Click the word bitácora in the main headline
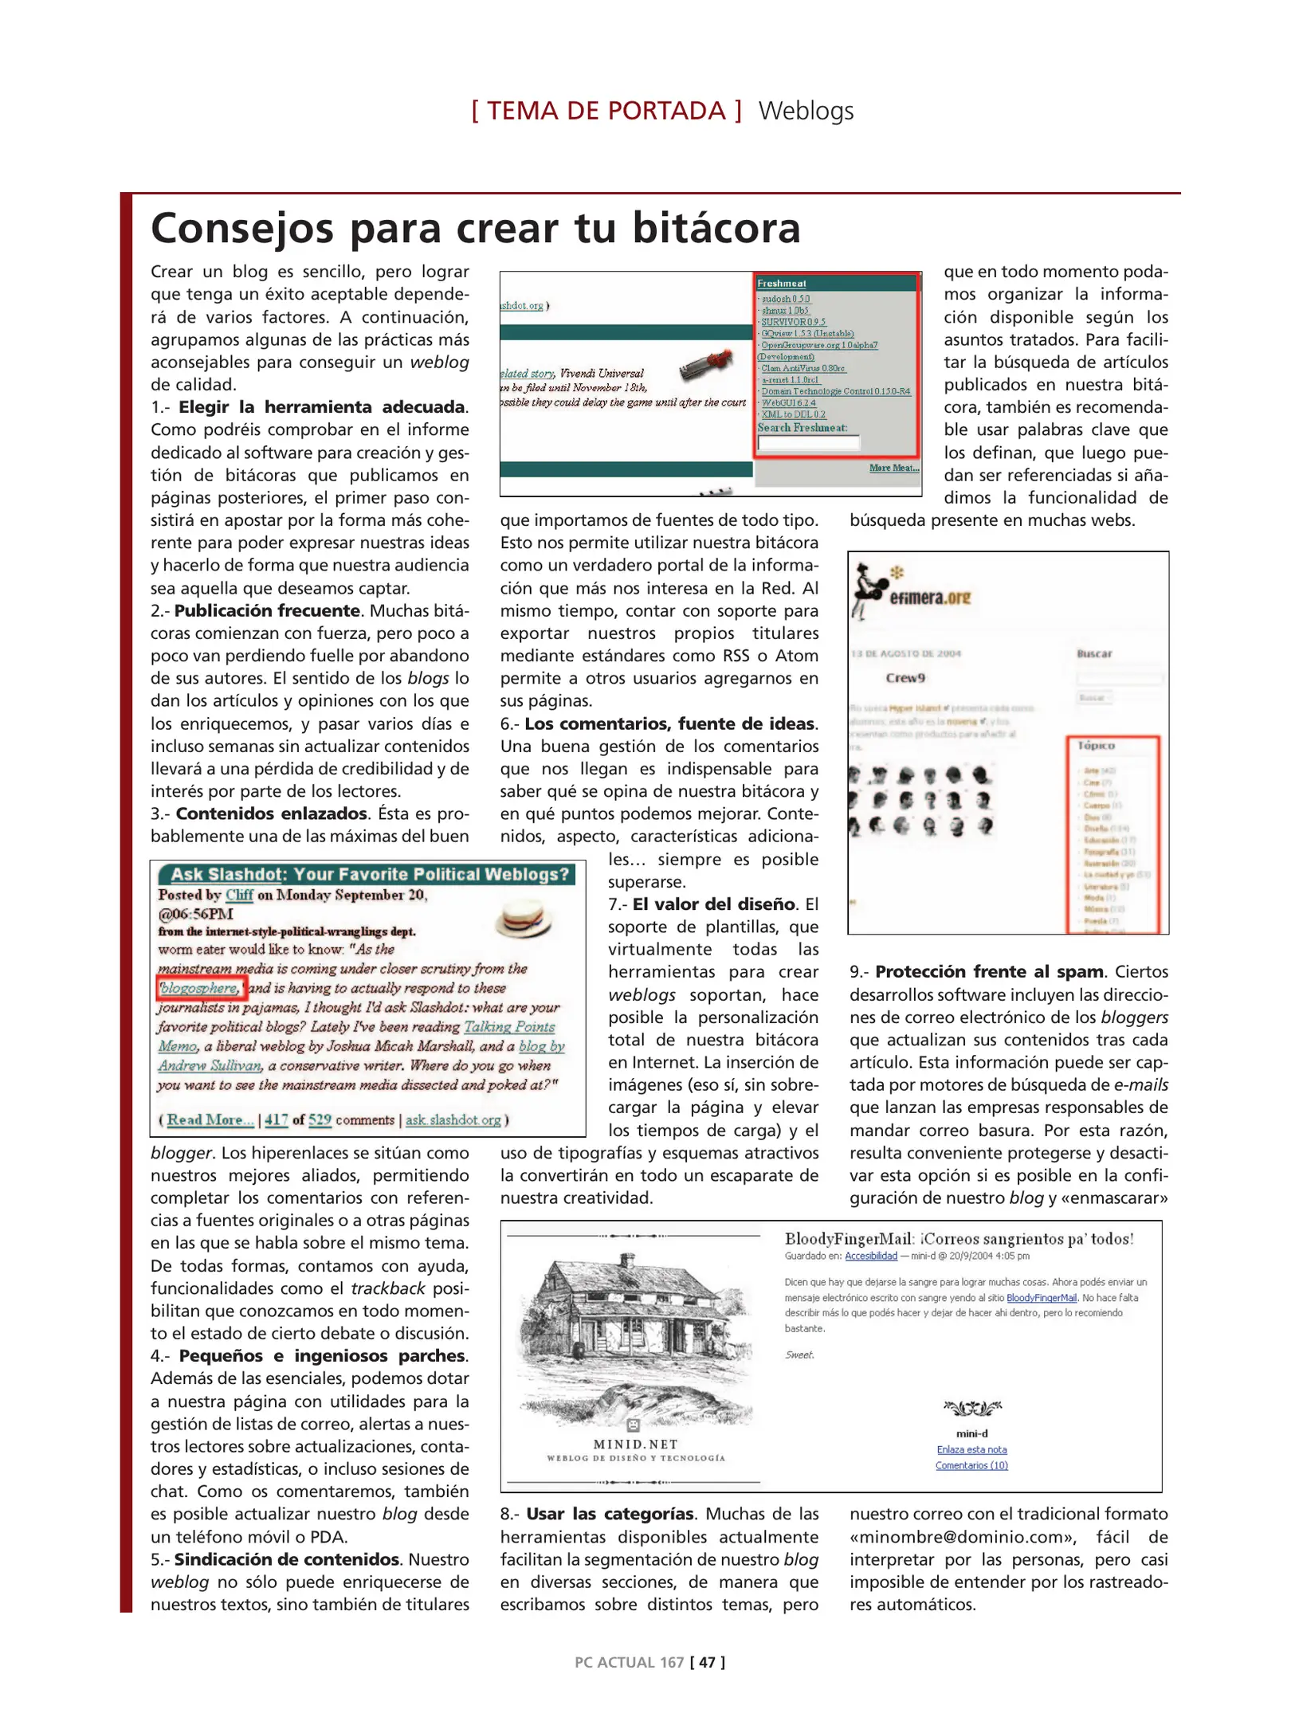point(716,229)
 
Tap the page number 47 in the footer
point(706,1661)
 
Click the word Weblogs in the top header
point(805,111)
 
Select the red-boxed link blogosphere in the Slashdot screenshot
point(199,988)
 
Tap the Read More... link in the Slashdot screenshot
point(210,1119)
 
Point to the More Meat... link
point(893,468)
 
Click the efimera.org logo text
point(929,598)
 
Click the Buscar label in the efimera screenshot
point(1093,653)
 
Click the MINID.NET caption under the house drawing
point(635,1444)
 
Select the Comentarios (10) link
point(971,1464)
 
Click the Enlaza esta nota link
point(971,1449)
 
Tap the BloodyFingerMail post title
point(958,1239)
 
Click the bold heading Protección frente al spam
point(988,972)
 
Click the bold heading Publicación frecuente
point(267,611)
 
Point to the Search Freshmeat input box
point(808,443)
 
